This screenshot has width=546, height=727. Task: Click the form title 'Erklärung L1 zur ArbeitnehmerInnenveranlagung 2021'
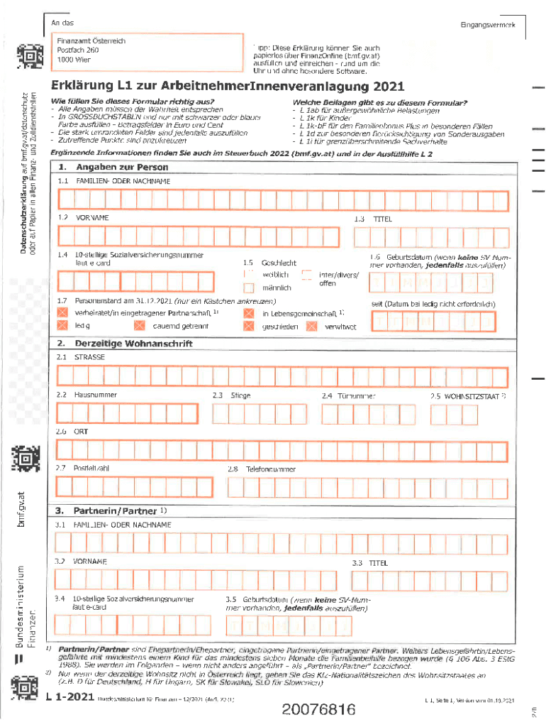point(227,87)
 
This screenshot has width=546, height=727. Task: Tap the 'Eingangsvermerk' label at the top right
point(487,25)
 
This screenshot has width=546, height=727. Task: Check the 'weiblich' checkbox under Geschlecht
point(248,274)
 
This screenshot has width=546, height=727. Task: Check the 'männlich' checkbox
point(248,288)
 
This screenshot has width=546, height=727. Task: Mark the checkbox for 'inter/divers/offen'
point(306,275)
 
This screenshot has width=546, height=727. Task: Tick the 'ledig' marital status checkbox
point(62,326)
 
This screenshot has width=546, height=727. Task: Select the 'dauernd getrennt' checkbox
point(139,326)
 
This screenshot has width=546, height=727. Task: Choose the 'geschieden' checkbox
point(248,327)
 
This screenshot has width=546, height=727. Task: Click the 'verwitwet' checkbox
point(311,327)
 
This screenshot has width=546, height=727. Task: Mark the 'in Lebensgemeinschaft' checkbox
point(248,313)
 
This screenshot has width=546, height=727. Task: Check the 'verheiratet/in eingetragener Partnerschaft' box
point(62,312)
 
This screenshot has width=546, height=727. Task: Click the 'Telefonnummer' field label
point(271,469)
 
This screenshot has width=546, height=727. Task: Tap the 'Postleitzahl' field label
point(91,469)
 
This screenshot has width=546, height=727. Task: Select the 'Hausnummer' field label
point(90,395)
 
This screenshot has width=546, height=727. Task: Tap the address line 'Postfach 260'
point(78,51)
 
